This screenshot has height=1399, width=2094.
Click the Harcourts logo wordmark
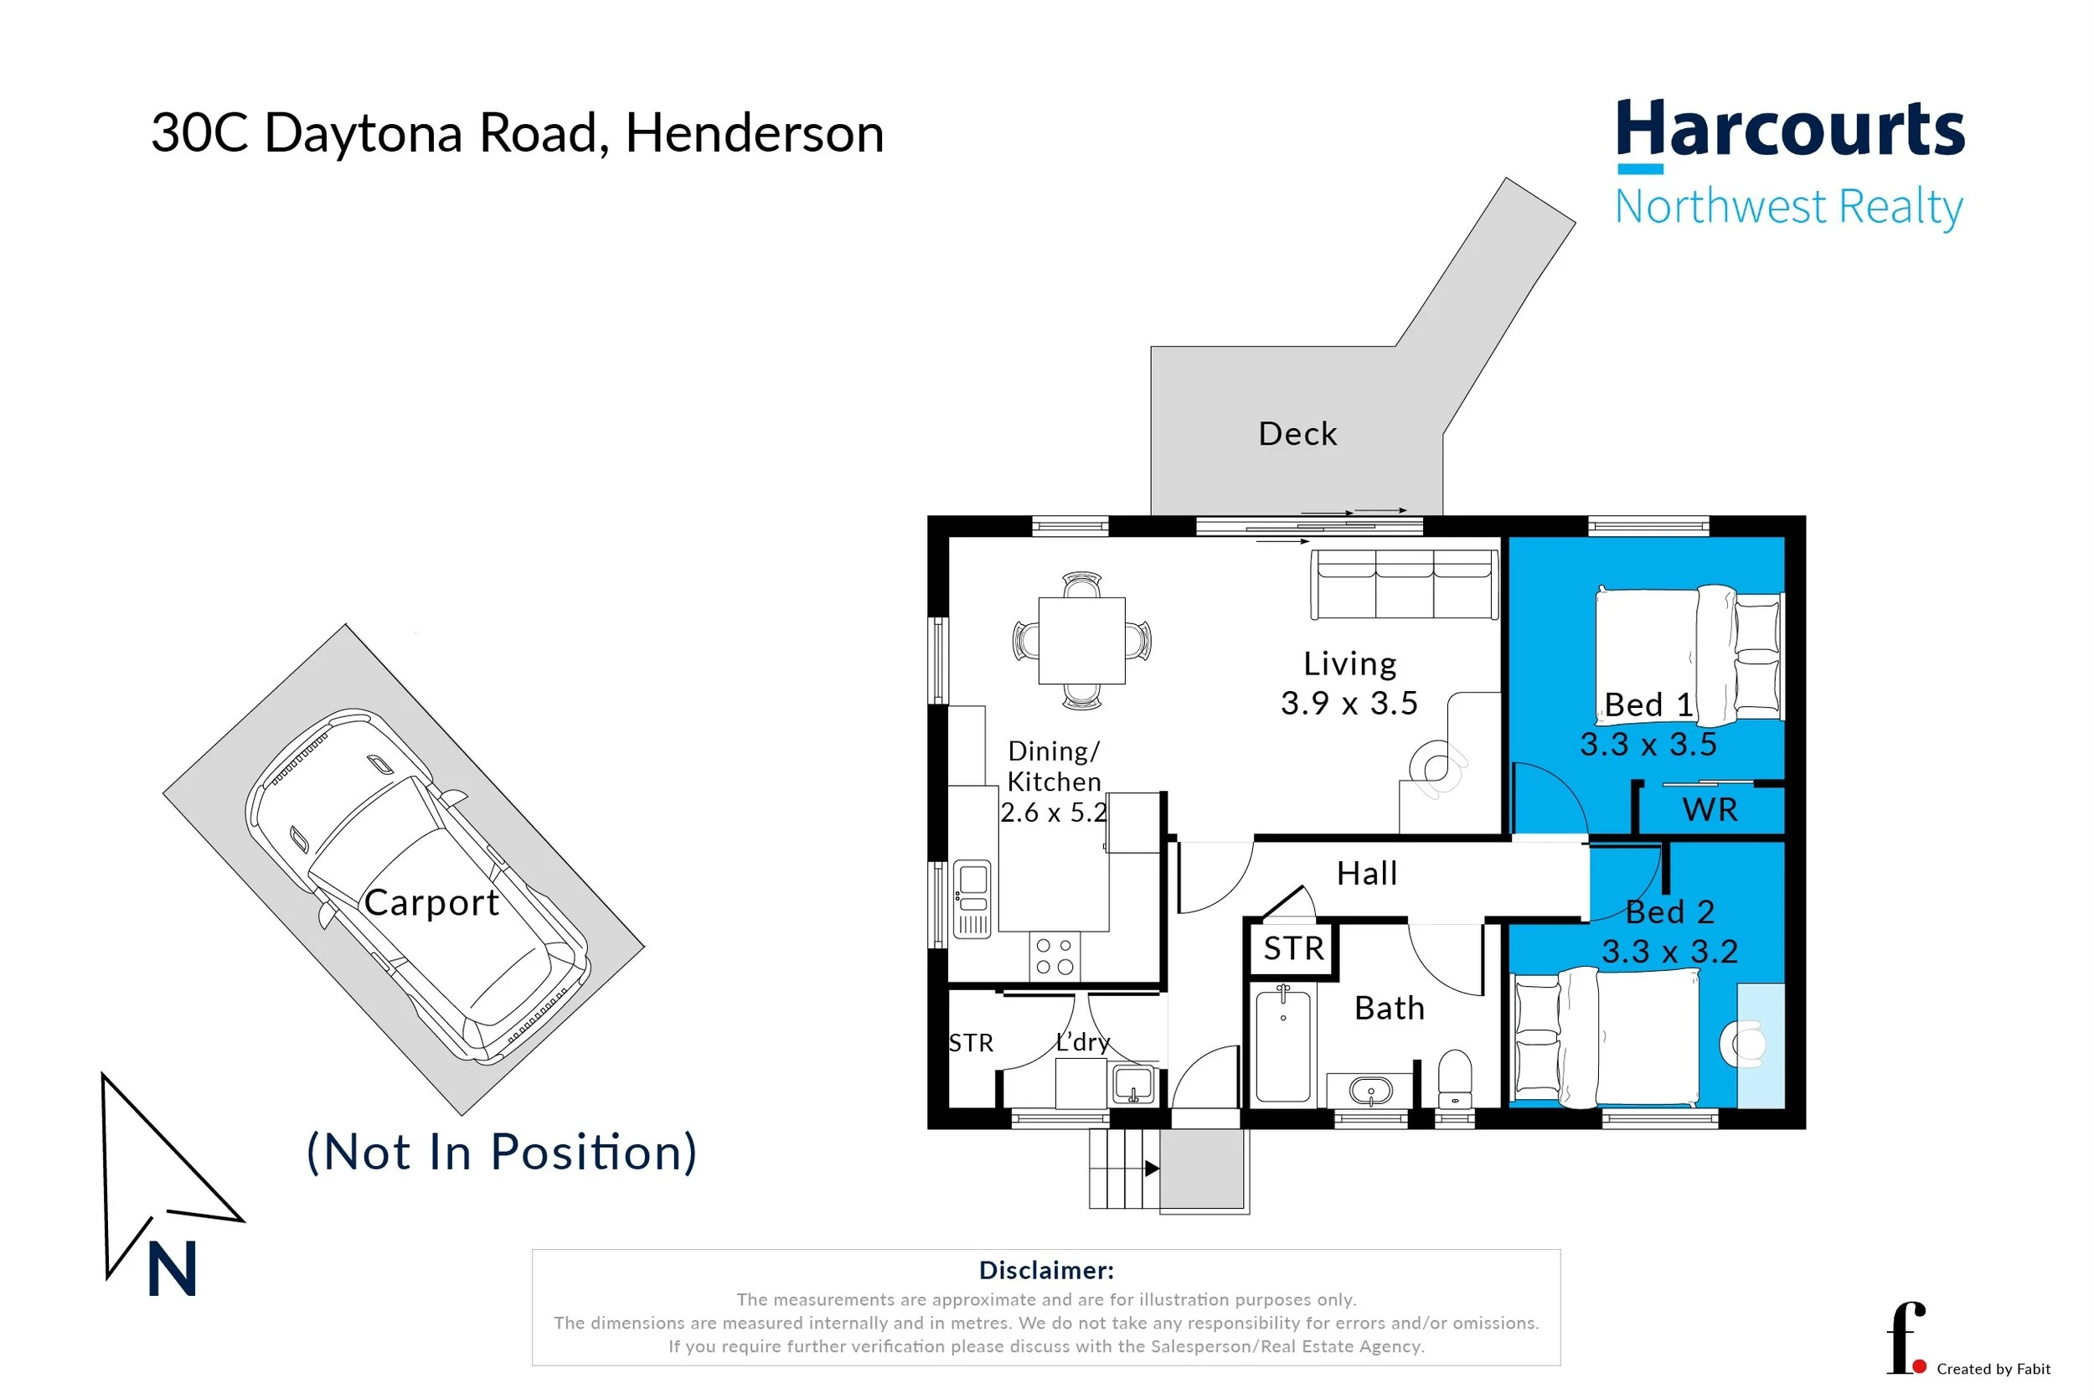[x=1790, y=130]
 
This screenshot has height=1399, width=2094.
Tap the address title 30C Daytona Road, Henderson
[x=518, y=133]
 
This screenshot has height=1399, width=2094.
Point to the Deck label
[x=1297, y=434]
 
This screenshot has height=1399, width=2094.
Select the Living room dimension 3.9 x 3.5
[x=1349, y=703]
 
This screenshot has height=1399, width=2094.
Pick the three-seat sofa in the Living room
[x=1404, y=585]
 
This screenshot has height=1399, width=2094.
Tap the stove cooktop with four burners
[x=1055, y=956]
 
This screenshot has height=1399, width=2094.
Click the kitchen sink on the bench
[x=972, y=899]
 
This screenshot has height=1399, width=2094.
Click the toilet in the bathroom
[x=1455, y=1079]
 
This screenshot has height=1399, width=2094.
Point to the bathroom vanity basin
[x=1370, y=1089]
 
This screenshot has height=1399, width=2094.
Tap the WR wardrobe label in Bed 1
[x=1710, y=809]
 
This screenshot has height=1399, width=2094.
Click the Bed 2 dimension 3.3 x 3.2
[x=1669, y=951]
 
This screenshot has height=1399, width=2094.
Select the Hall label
[x=1366, y=873]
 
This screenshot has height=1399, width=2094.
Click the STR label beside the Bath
[x=1293, y=948]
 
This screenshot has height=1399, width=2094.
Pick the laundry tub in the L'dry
[x=1133, y=1085]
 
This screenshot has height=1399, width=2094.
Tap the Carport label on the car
[x=431, y=902]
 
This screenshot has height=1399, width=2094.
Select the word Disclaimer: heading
[x=1046, y=1270]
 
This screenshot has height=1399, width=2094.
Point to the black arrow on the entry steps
[x=1152, y=1168]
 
